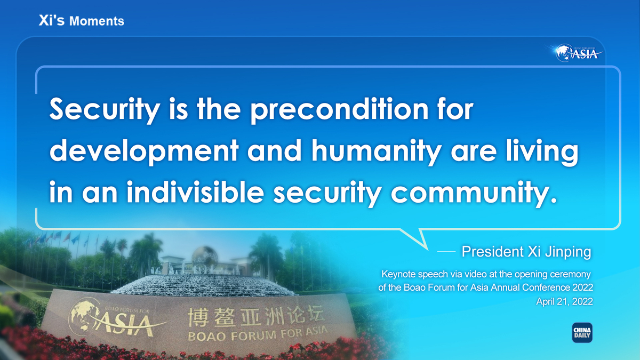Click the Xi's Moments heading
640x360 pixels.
tap(82, 21)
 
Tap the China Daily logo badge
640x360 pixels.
tap(582, 333)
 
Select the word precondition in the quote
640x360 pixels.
tap(339, 110)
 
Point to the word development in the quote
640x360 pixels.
tap(144, 151)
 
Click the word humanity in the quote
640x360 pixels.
tap(376, 151)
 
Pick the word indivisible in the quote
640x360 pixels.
tap(195, 191)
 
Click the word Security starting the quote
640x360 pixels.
tap(105, 110)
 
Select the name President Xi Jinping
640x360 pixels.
tap(526, 252)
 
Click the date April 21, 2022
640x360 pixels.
tap(564, 301)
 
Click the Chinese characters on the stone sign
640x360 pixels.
tap(256, 317)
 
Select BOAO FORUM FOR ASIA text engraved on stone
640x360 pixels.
tap(258, 334)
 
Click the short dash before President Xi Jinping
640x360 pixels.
tap(446, 252)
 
